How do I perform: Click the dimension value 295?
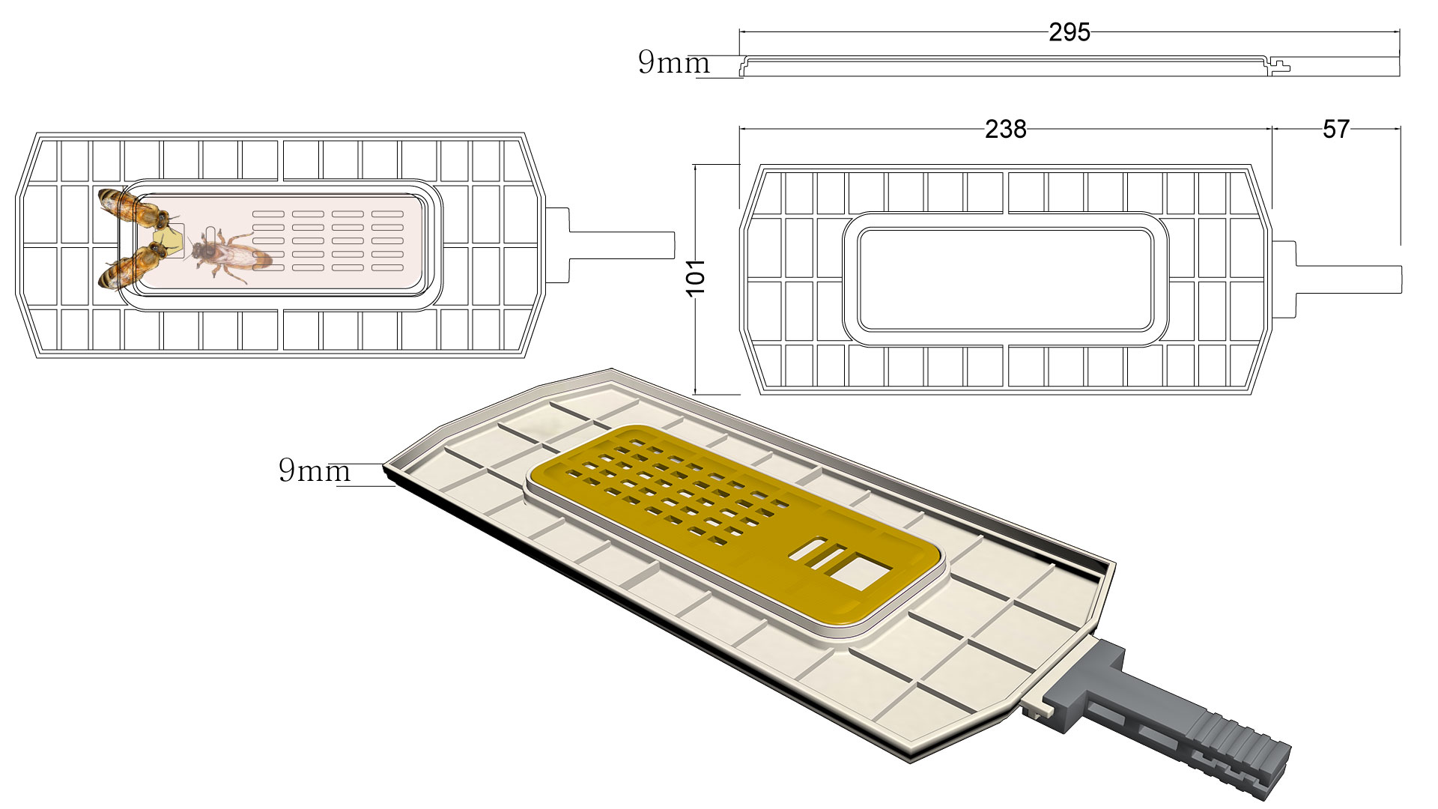click(x=1069, y=32)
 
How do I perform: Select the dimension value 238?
click(x=1005, y=130)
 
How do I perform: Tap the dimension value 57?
click(x=1335, y=130)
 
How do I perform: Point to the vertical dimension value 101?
click(x=696, y=277)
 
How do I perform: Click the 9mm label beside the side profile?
click(x=673, y=62)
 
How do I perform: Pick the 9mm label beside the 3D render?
click(x=314, y=470)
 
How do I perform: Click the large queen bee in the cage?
click(x=228, y=255)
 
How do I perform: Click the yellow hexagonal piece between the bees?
click(x=169, y=240)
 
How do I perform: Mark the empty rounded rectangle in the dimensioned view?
click(x=1005, y=279)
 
